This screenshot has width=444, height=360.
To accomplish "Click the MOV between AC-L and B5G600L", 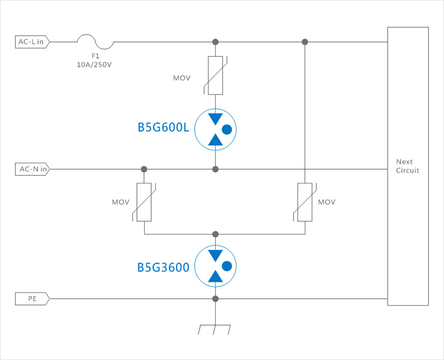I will pos(215,75).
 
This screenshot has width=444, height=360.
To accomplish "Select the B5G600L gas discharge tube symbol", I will pos(215,129).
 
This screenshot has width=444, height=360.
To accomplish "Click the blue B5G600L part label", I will pos(163,129).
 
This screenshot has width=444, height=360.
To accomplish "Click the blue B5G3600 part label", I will pos(163,267).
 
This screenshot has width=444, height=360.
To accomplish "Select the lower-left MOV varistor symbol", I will pos(144,202).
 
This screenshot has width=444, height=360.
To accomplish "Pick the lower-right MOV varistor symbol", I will pos(305,202).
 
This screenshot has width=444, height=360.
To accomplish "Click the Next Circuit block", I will pos(408,166).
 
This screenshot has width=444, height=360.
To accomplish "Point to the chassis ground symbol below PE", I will pos(215,329).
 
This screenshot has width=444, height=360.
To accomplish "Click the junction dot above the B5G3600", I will pos(215,234).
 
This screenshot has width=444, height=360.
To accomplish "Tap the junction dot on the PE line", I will pos(215,299).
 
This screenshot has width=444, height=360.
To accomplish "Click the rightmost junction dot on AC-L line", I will pos(305,42).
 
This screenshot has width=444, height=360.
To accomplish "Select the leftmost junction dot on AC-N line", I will pos(144,170).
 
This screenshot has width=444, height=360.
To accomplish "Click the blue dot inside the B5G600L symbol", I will pos(226,129).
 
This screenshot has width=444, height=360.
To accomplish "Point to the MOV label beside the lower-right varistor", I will pos(327,203).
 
